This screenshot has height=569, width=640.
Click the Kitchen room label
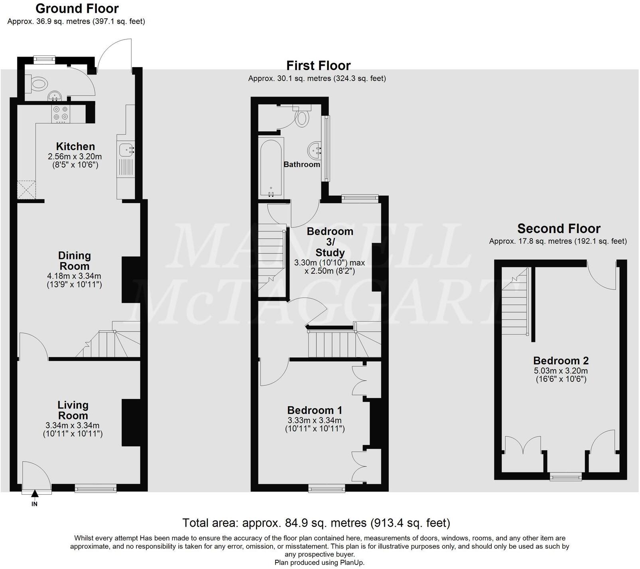(x=75, y=146)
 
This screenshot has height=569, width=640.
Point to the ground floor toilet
(x=38, y=84)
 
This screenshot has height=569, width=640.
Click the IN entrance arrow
(x=35, y=495)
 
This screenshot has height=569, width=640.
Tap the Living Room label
(x=73, y=410)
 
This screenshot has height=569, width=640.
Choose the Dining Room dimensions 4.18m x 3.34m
(x=74, y=276)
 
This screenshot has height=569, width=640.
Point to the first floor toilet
(x=301, y=117)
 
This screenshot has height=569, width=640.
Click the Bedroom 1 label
(x=315, y=410)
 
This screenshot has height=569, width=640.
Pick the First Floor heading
(x=318, y=65)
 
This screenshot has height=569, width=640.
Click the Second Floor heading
(x=559, y=229)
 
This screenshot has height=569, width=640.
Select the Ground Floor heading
(x=77, y=8)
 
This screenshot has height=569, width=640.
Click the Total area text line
(x=316, y=523)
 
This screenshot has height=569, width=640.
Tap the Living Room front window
(x=96, y=488)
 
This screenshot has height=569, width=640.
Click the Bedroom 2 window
(x=565, y=476)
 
